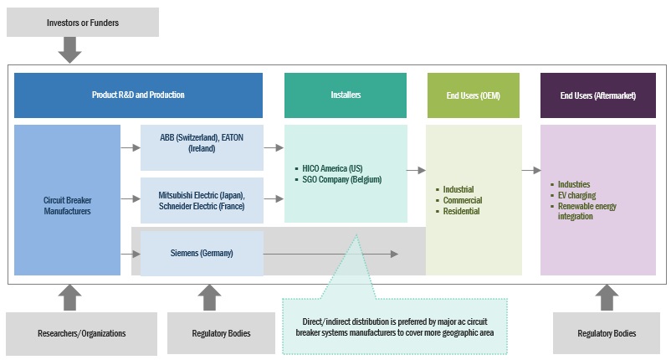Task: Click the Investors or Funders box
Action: [x=82, y=23]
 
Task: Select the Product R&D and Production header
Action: [x=138, y=95]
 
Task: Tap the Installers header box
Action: [x=346, y=95]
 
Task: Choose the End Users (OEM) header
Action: [x=474, y=95]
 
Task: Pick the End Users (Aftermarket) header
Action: [x=597, y=95]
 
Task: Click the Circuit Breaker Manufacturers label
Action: [x=67, y=206]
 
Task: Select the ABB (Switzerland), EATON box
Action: [x=201, y=142]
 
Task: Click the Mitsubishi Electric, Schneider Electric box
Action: [x=201, y=199]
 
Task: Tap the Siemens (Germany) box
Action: [x=201, y=253]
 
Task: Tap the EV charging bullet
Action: [x=577, y=195]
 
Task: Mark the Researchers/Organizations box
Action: [x=82, y=333]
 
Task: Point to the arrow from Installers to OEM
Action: [x=416, y=170]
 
